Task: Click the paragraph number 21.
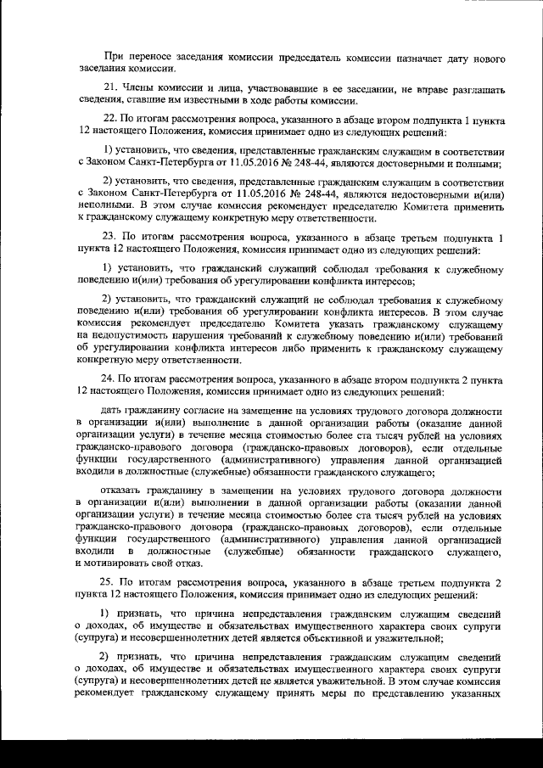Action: coord(109,88)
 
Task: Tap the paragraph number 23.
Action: coord(109,236)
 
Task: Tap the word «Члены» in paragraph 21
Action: coord(137,88)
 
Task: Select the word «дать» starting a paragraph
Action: coord(111,409)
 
